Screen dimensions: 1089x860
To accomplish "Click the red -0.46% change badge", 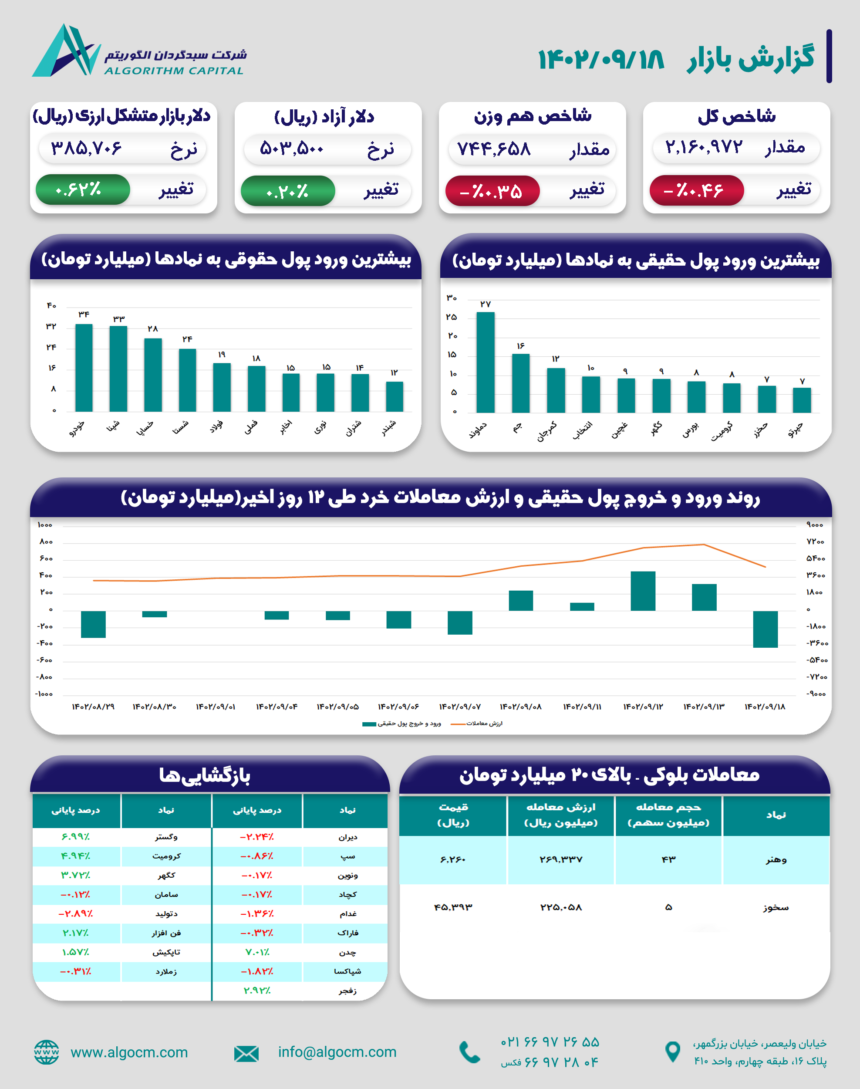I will [x=696, y=190].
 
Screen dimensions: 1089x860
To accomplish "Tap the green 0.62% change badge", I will [x=83, y=190].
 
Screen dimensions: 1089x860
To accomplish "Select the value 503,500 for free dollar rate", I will [x=292, y=149].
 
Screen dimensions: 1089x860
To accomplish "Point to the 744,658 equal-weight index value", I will [x=493, y=149].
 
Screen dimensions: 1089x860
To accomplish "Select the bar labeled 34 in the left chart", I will [x=84, y=368].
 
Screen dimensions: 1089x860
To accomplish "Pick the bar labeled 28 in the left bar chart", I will [x=153, y=375].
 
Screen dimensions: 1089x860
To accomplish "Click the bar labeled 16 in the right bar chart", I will [x=521, y=383].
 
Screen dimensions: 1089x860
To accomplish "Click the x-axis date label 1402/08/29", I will [x=93, y=707].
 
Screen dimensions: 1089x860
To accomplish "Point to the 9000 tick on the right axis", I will [x=815, y=525].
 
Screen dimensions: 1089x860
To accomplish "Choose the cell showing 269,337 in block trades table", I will [x=561, y=859].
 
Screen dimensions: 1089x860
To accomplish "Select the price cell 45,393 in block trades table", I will [x=453, y=907].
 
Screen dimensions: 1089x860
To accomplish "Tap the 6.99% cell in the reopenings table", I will [x=75, y=837].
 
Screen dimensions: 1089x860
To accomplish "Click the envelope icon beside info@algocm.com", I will [x=246, y=1053].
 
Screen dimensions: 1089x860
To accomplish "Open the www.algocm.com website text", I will [x=129, y=1052].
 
